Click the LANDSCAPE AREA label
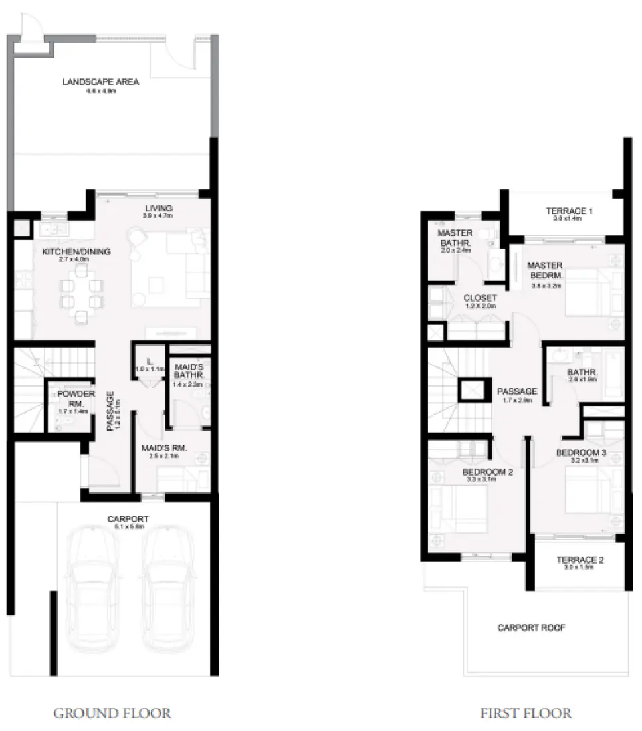pos(100,82)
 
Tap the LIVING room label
pos(158,208)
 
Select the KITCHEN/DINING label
pos(76,252)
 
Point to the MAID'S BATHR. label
pos(189,371)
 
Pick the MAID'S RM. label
pos(164,449)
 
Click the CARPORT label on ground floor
pos(128,518)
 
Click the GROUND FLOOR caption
pos(112,714)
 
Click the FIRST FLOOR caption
pos(525,714)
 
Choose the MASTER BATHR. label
pos(455,239)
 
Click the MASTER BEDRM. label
pos(545,270)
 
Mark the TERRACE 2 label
pos(580,560)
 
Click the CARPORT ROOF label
pos(531,627)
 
